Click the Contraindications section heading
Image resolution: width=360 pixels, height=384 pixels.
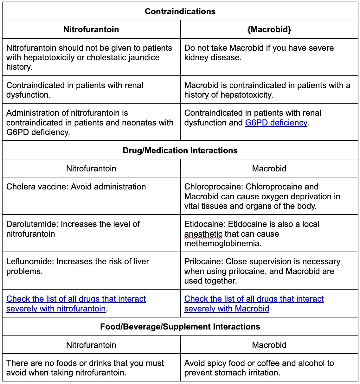pos(180,11)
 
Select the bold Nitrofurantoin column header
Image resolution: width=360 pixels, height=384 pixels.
pos(91,29)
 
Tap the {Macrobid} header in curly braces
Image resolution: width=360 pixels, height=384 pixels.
pos(269,29)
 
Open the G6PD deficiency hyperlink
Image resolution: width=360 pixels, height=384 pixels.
pos(276,123)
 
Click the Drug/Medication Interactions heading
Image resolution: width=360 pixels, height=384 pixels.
pos(180,150)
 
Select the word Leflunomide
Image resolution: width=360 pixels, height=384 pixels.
pos(30,261)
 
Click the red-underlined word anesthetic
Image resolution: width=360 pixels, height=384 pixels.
pos(203,234)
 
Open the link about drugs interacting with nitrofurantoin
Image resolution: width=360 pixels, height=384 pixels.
pos(76,304)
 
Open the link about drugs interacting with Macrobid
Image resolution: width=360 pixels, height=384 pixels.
pos(254,304)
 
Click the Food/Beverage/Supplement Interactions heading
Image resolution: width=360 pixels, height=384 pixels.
pos(180,327)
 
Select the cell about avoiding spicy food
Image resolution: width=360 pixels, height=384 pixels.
pos(259,368)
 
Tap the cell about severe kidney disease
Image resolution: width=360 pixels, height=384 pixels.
pos(259,53)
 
